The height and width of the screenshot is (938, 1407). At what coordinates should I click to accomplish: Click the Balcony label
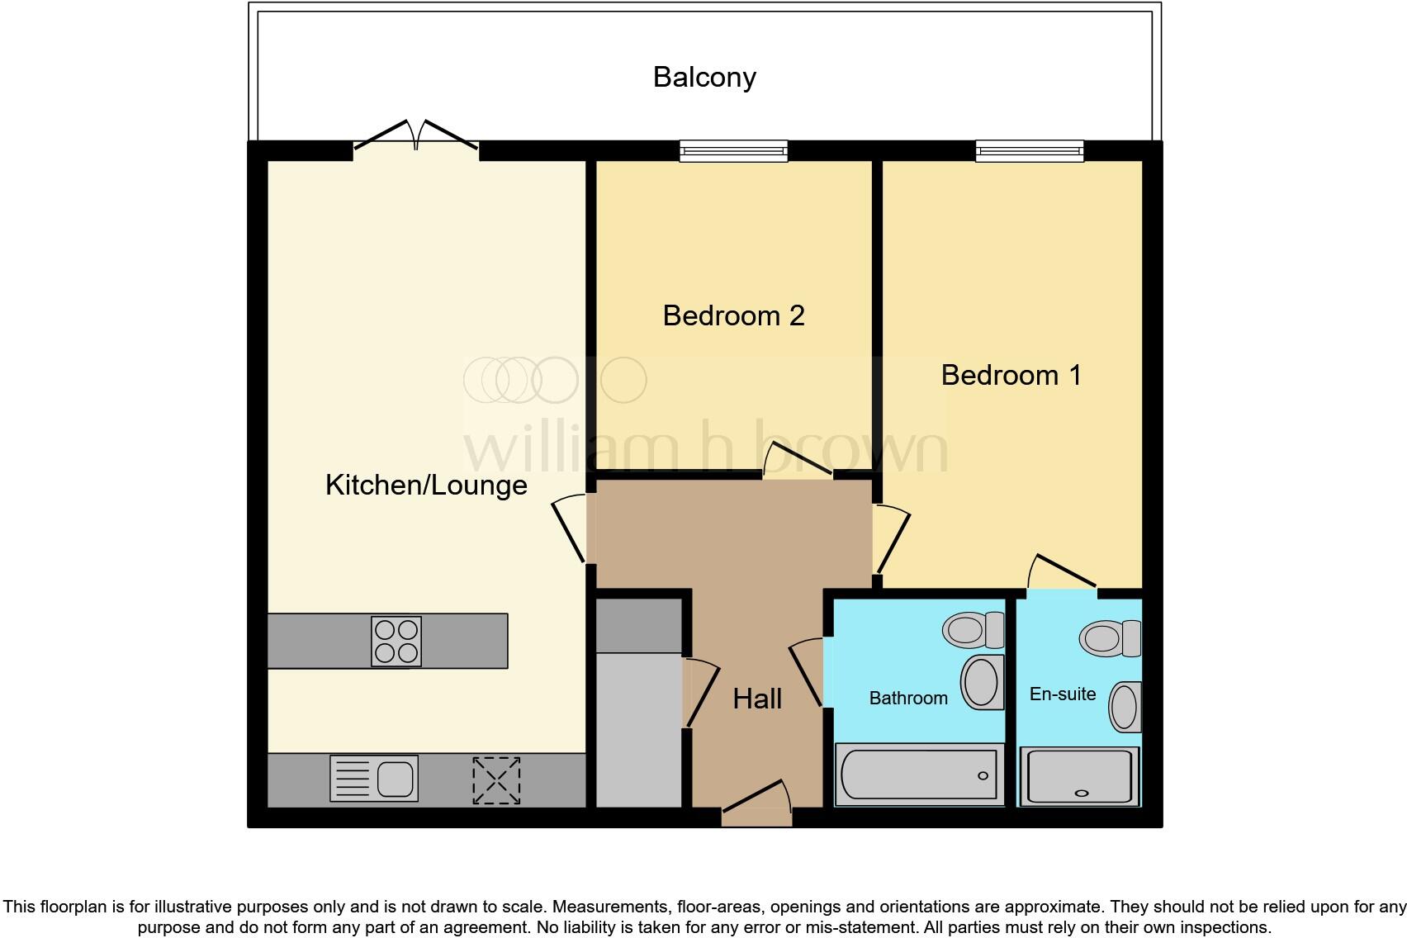coord(704,77)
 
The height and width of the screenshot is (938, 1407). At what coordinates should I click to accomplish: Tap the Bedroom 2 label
coord(733,315)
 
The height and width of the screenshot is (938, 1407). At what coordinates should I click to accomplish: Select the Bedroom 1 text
coord(1011,375)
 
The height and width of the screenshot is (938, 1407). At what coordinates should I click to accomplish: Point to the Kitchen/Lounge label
coord(426,485)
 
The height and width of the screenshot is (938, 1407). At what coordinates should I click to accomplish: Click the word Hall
coord(756,699)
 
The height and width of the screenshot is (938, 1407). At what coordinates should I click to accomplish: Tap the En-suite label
coord(1062,694)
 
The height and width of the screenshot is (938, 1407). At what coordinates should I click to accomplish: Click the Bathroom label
coord(907,698)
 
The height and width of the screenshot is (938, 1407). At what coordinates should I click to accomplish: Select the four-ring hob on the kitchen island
coord(396,642)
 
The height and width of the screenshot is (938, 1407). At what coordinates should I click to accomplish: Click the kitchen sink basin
coord(396,779)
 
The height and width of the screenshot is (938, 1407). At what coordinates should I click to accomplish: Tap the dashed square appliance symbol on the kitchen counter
coord(496,780)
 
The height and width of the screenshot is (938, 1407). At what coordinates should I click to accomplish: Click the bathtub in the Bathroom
coord(919,775)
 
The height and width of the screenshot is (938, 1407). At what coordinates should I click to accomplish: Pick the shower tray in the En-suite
coord(1079,776)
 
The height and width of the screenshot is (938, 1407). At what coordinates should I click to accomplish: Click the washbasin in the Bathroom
coord(982,682)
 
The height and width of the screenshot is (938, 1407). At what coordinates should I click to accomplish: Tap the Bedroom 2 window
coord(733,150)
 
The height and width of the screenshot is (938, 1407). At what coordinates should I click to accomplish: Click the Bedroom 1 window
coord(1029,150)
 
